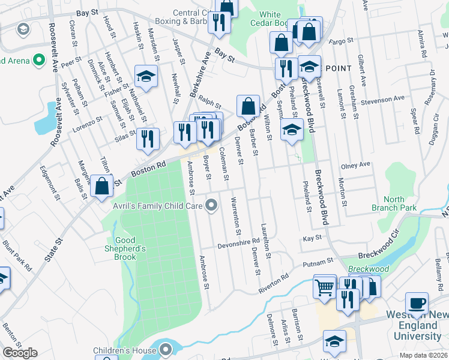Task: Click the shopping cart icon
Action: click(325, 287)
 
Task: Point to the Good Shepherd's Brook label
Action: click(130, 248)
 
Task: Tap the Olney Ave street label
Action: click(355, 165)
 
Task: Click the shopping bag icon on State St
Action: click(102, 187)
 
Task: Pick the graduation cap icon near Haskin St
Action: click(146, 76)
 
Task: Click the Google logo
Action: click(19, 353)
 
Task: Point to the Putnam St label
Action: click(322, 262)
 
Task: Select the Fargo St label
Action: click(342, 41)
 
